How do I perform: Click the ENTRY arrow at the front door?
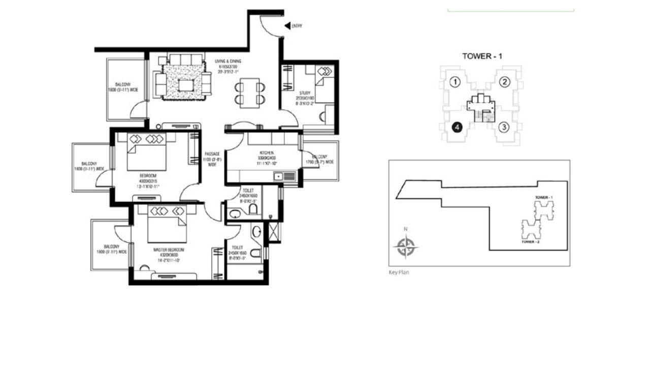pos(287,25)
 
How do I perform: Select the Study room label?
pos(305,96)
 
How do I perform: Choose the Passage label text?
pos(212,159)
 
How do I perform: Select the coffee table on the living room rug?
pos(186,85)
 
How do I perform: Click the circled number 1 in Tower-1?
pos(456,82)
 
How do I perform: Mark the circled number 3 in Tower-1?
pos(503,127)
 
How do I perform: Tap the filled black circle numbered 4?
pos(457,127)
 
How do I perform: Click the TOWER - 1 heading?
pos(482,56)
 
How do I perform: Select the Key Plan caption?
pos(399,272)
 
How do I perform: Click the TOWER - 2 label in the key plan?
pos(530,242)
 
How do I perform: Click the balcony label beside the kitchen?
pos(320,159)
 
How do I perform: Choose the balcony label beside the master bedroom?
pos(111,249)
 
